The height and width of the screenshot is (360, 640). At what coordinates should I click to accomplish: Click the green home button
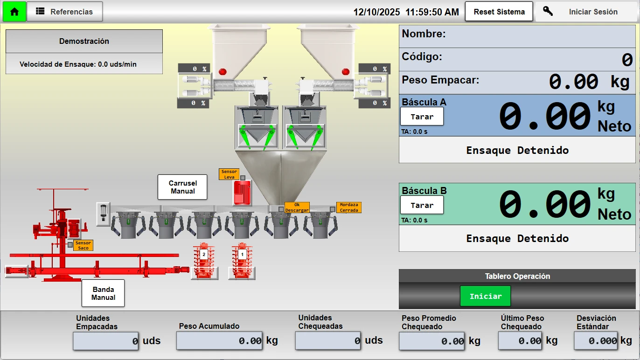[x=14, y=12]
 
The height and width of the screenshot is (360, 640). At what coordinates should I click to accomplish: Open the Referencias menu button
[x=65, y=12]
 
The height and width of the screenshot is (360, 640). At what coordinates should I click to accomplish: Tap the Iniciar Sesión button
[x=587, y=12]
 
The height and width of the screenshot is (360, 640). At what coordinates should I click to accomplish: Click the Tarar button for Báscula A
[x=422, y=117]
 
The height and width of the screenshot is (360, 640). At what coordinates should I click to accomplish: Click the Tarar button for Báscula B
[x=422, y=205]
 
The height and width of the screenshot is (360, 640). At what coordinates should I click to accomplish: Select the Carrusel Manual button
[x=182, y=187]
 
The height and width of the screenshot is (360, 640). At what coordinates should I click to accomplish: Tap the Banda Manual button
[x=103, y=293]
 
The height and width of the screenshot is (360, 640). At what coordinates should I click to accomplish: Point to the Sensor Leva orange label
[x=229, y=174]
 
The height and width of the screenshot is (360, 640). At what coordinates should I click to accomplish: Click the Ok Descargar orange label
[x=297, y=208]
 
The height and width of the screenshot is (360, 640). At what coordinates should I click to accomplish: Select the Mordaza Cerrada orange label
[x=349, y=208]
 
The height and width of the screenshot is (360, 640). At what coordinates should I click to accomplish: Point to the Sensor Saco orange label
[x=83, y=245]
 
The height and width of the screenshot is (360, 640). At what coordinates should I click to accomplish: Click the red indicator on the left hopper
[x=223, y=72]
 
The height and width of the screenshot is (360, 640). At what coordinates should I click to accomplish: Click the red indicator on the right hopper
[x=346, y=72]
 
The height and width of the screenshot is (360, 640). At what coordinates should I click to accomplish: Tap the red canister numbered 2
[x=204, y=261]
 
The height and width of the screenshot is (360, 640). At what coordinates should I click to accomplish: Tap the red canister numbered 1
[x=242, y=261]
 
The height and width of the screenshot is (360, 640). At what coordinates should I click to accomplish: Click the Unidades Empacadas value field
[x=106, y=341]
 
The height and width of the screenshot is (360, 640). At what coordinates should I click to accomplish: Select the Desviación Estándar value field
[x=596, y=340]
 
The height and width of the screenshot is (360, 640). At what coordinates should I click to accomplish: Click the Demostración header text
[x=84, y=41]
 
